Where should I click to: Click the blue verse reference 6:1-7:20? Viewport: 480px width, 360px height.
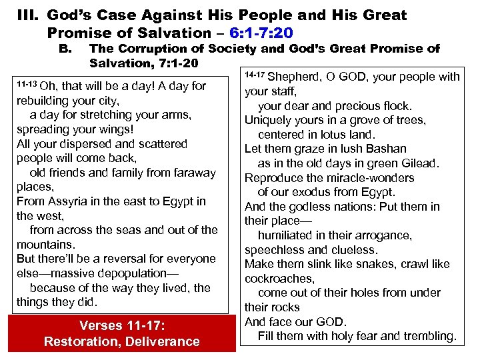[x=255, y=33]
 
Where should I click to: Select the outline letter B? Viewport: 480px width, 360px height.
[x=65, y=49]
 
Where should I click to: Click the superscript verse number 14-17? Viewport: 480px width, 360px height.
[x=255, y=73]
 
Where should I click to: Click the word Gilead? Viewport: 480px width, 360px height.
[x=417, y=163]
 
